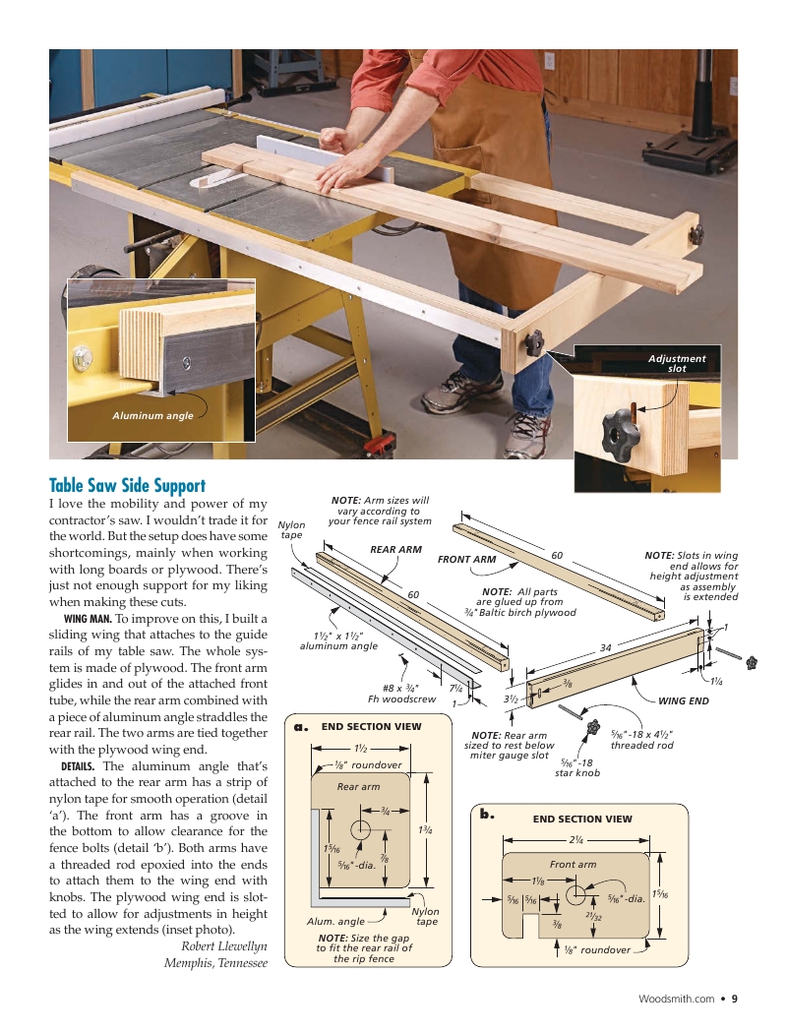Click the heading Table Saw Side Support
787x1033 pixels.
[x=127, y=485]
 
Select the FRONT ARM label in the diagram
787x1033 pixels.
[x=466, y=559]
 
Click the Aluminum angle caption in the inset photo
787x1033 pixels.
[x=152, y=416]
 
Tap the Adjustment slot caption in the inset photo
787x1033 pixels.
[x=677, y=363]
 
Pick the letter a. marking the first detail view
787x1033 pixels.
[x=302, y=727]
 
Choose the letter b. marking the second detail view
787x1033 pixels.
[x=486, y=815]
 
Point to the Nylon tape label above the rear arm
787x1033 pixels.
[x=291, y=530]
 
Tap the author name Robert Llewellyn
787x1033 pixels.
[x=224, y=946]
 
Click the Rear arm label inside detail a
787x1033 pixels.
[x=358, y=786]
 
